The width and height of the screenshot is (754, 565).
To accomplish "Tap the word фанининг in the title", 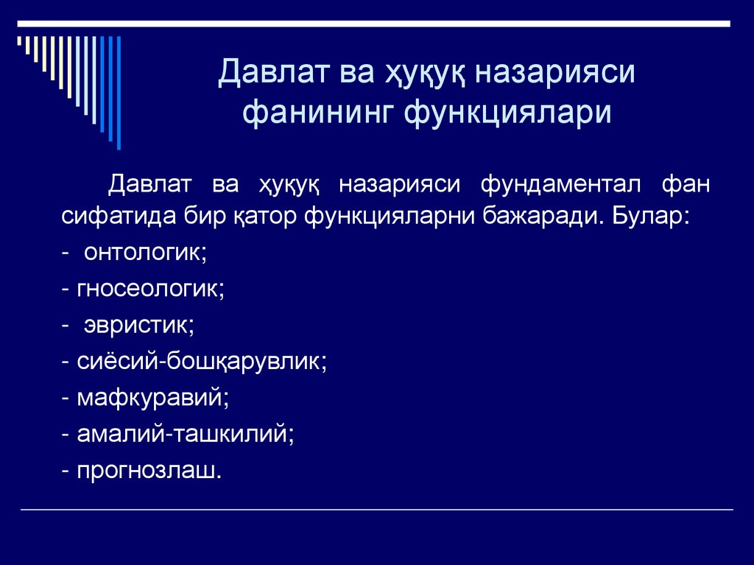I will tap(317, 113).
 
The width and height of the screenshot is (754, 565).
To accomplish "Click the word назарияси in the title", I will tap(554, 75).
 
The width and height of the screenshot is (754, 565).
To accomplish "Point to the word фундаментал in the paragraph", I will tap(560, 184).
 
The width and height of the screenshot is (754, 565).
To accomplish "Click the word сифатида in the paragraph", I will tap(119, 218).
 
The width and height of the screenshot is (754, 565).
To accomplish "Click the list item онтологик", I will tap(144, 253).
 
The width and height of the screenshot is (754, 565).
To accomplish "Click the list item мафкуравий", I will tap(151, 398).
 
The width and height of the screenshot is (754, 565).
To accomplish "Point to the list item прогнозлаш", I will tap(146, 470).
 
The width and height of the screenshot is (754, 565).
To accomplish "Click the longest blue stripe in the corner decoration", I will tap(118, 92).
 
